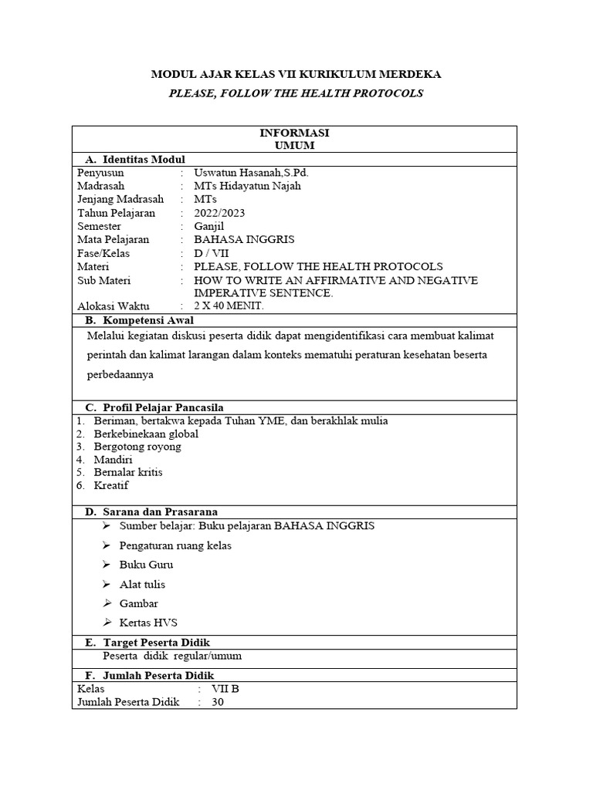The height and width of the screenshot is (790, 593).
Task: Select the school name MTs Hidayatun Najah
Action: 247,186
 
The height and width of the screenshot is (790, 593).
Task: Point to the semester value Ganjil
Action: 208,227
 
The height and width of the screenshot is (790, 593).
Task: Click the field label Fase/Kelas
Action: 103,253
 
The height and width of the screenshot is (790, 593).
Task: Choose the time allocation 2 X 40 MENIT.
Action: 229,306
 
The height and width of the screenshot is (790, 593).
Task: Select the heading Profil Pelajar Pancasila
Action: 164,407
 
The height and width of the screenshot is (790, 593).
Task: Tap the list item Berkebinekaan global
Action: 146,434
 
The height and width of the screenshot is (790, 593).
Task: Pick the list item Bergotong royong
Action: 137,447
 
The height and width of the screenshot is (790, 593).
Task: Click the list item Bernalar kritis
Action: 127,472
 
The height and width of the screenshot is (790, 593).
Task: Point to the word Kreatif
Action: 111,485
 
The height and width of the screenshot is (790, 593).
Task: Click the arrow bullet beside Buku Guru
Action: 107,565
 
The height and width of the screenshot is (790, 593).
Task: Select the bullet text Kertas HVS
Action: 146,623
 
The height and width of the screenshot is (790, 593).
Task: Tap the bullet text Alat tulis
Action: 143,584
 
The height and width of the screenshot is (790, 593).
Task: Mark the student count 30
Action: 218,702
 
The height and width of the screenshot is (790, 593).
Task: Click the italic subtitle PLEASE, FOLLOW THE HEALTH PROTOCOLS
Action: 296,93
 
